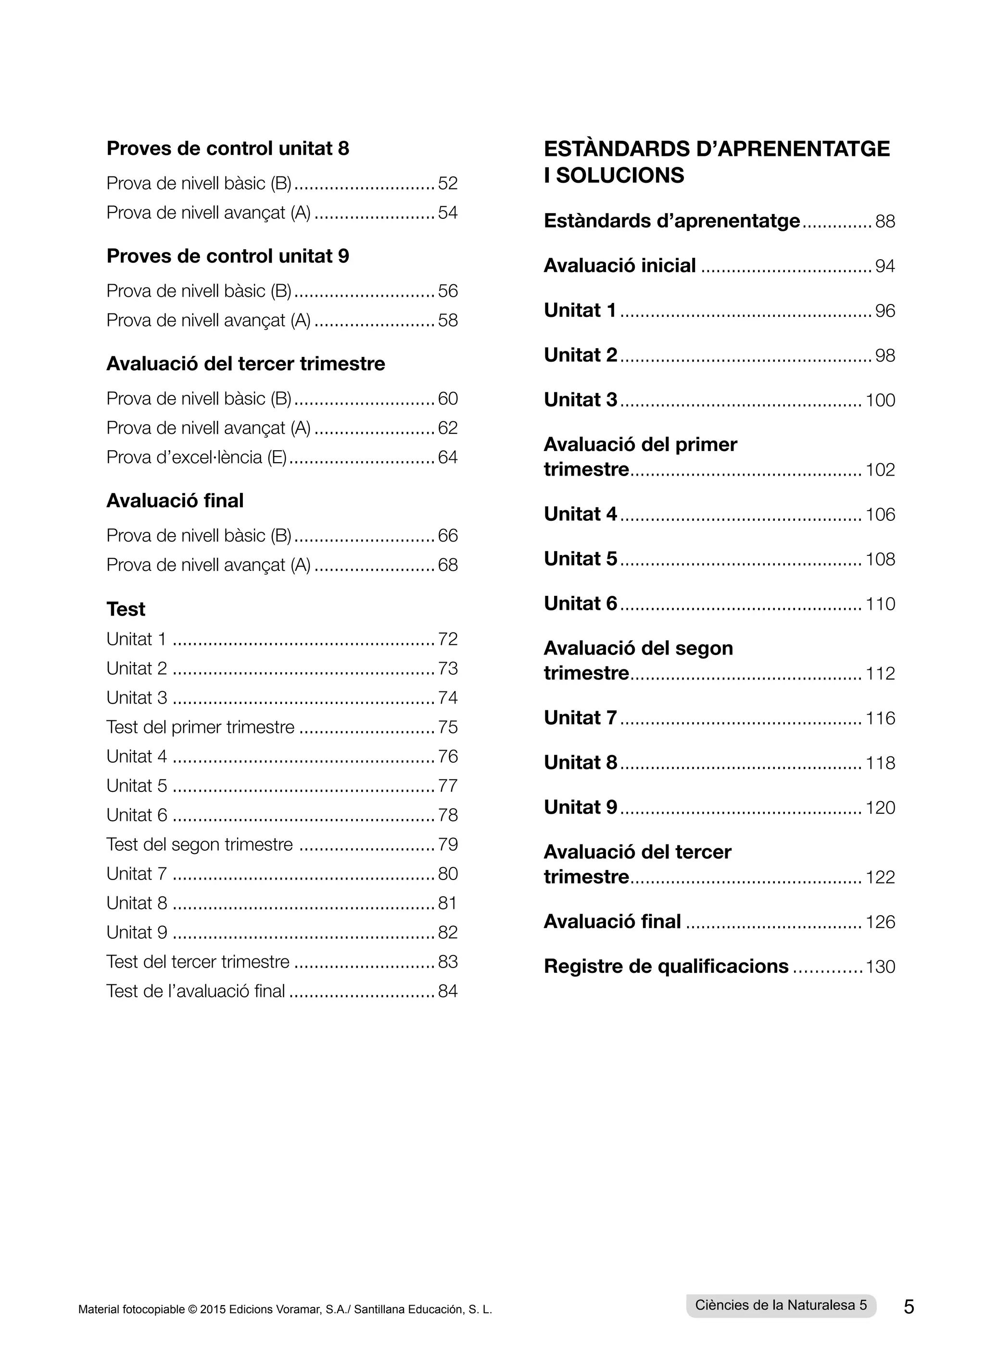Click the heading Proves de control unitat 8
pyautogui.click(x=228, y=149)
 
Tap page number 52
pyautogui.click(x=447, y=184)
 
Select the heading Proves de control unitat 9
pyautogui.click(x=228, y=256)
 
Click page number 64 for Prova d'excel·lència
pyautogui.click(x=447, y=458)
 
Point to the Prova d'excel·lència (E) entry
pyautogui.click(x=197, y=458)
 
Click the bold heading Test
pyautogui.click(x=126, y=609)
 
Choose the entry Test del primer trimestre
pyautogui.click(x=201, y=727)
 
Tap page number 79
pyautogui.click(x=447, y=845)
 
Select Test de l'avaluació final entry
pyautogui.click(x=196, y=991)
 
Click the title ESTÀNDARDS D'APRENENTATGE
pyautogui.click(x=717, y=149)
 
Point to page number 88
pyautogui.click(x=885, y=222)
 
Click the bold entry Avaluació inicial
pyautogui.click(x=619, y=266)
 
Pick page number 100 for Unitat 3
pyautogui.click(x=880, y=400)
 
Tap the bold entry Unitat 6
pyautogui.click(x=580, y=604)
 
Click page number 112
pyautogui.click(x=880, y=674)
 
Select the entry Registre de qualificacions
pyautogui.click(x=666, y=966)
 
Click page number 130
pyautogui.click(x=880, y=967)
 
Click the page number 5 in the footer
pyautogui.click(x=909, y=1307)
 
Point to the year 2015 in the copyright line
pyautogui.click(x=213, y=1309)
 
